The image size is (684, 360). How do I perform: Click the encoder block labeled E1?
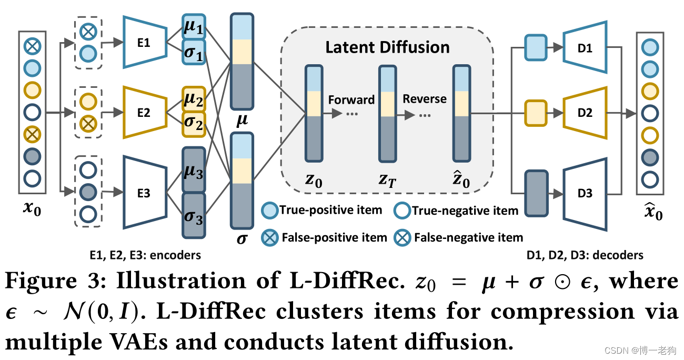tap(143, 43)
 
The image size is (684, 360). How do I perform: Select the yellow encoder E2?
tap(143, 112)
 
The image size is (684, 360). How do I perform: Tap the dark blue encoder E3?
tap(143, 193)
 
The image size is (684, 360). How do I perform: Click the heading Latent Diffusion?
tap(387, 47)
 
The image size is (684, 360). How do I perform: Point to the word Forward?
tap(351, 100)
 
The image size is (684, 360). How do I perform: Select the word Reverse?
tap(425, 99)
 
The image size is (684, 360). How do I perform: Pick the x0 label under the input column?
tap(32, 211)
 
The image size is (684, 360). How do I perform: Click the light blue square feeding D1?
tap(536, 48)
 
